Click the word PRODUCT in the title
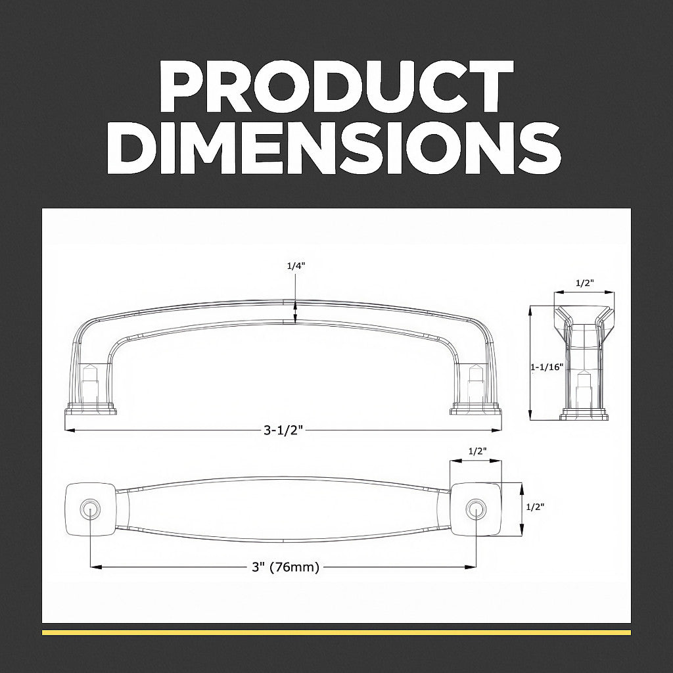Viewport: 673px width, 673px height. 336,86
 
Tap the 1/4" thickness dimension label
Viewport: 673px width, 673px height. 296,266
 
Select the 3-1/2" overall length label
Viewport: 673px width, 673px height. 283,430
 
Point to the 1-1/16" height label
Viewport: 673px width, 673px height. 547,367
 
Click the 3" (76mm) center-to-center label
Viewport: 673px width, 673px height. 285,567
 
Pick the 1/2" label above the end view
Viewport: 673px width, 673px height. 584,283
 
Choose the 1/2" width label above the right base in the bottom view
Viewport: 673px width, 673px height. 477,451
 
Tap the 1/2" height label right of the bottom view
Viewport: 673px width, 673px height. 535,507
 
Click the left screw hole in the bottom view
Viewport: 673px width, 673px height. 89,509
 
